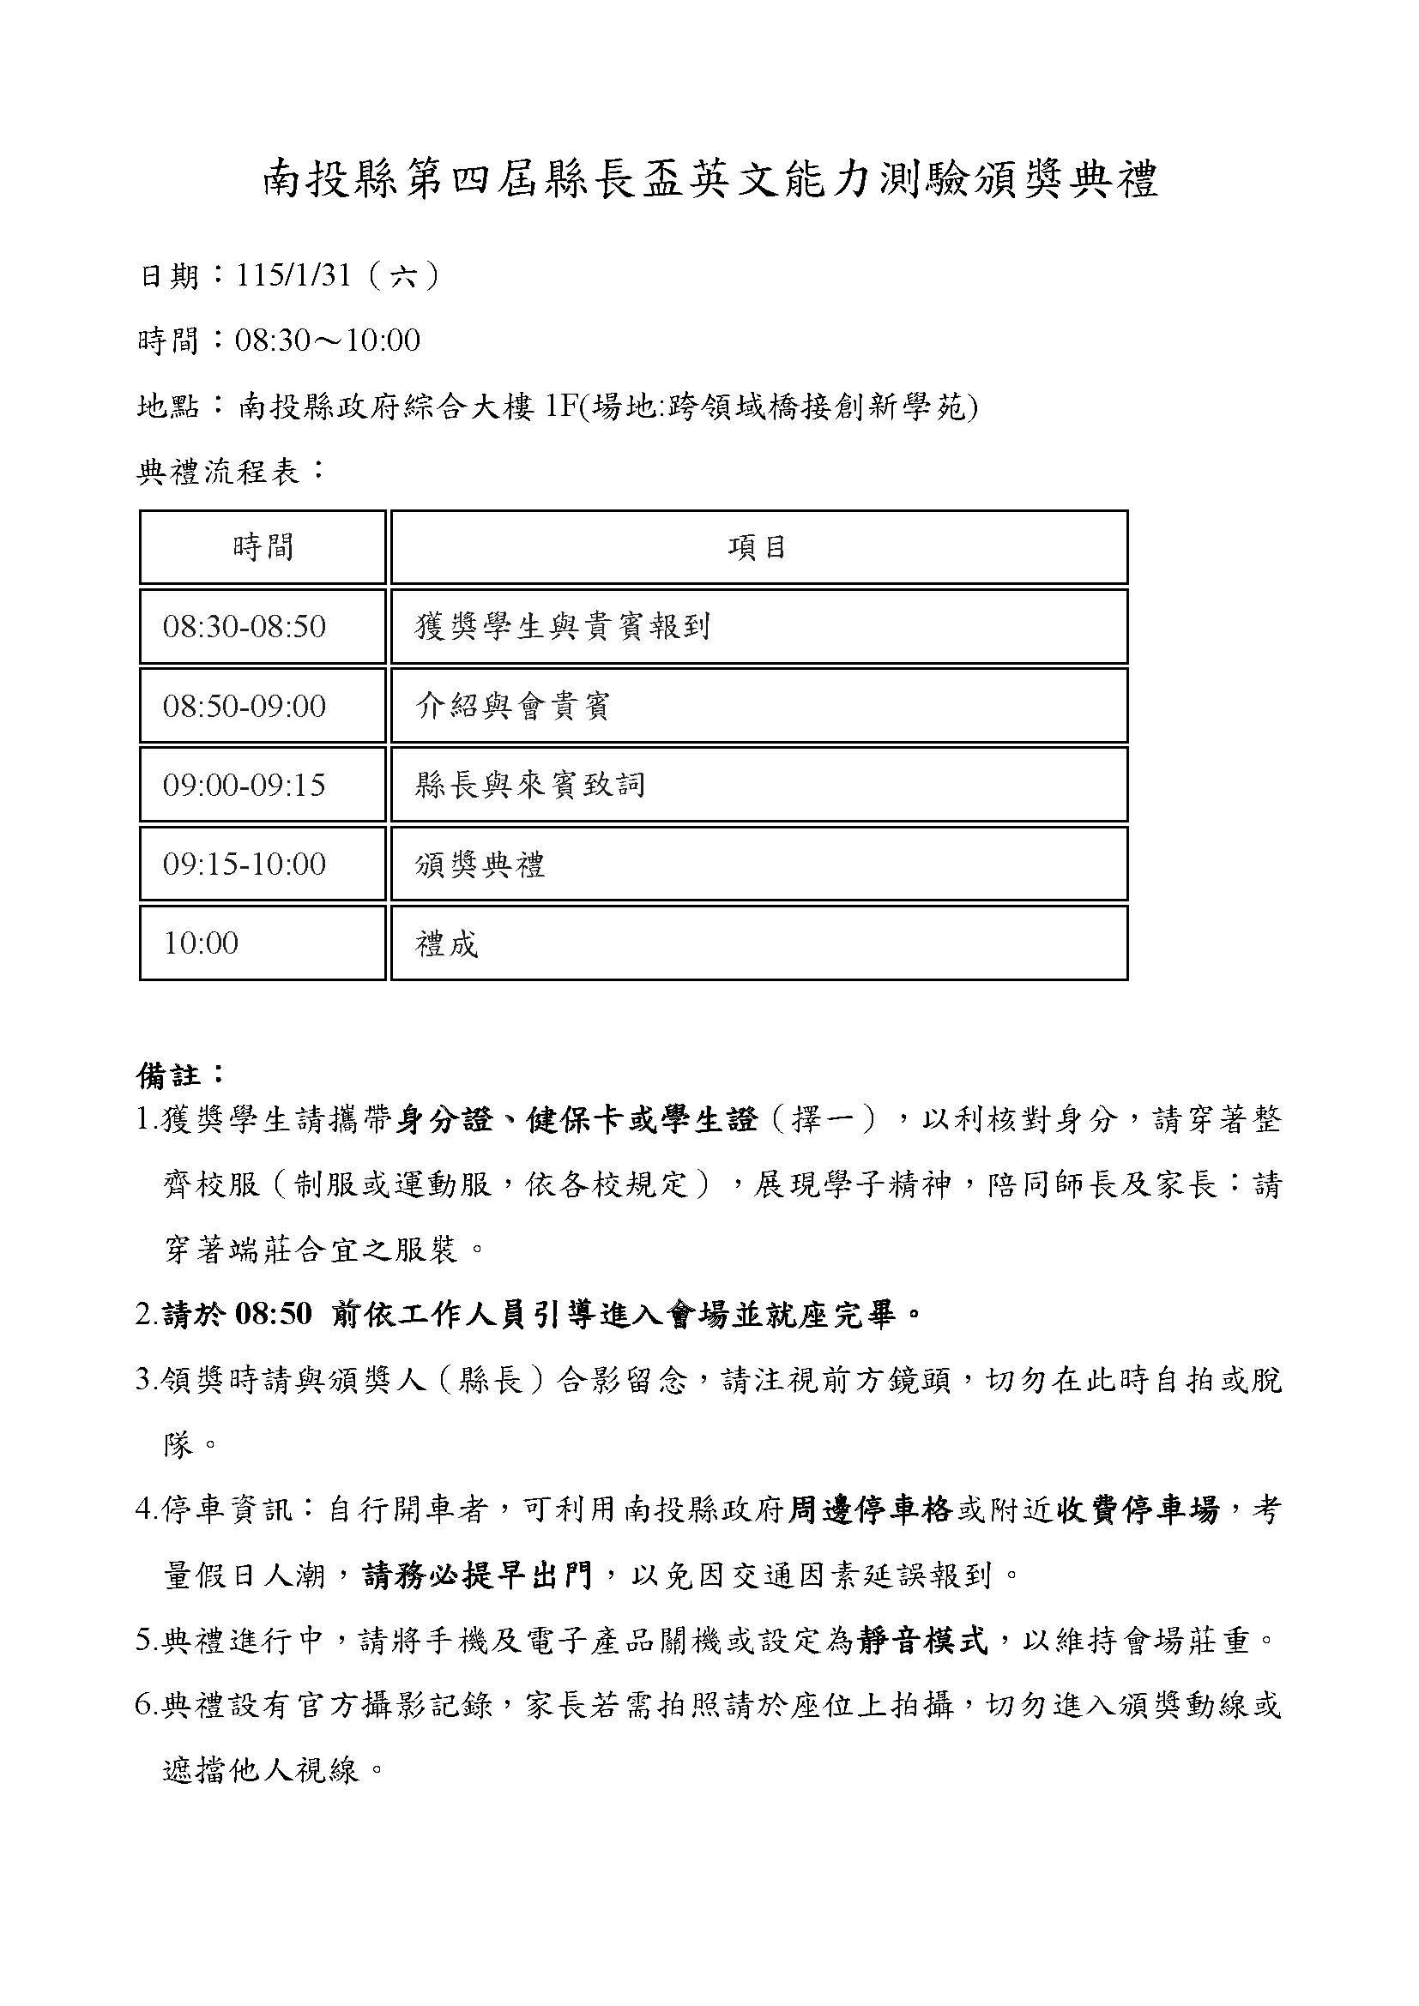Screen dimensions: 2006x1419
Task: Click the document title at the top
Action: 709,180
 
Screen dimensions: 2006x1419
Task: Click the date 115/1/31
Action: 293,276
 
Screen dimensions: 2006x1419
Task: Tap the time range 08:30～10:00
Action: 328,340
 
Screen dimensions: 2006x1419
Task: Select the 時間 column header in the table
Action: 263,548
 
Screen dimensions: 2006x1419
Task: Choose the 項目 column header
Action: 758,548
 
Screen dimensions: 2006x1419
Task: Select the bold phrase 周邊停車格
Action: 869,1510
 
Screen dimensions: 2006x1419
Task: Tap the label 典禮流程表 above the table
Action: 232,472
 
